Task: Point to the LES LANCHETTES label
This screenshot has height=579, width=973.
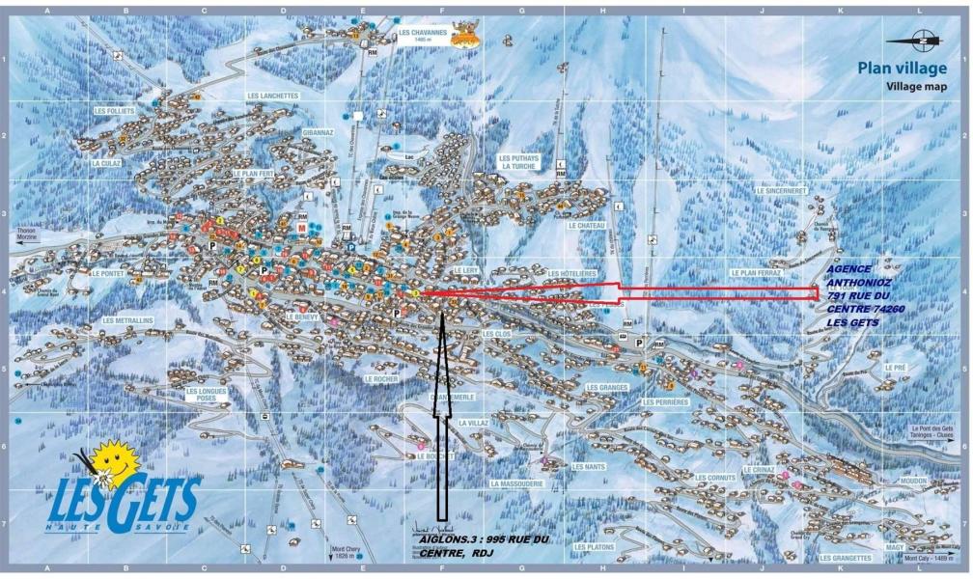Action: pos(273,96)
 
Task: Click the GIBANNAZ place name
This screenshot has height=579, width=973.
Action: pos(318,131)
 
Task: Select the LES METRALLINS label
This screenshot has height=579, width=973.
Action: pos(128,320)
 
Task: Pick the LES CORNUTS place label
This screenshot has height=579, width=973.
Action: pos(715,477)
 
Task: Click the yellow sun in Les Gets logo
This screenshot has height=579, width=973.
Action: pos(114,458)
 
